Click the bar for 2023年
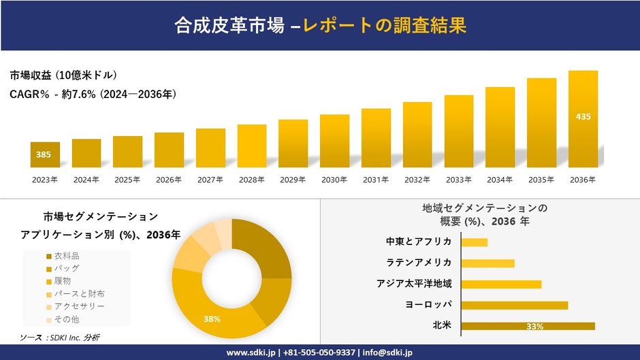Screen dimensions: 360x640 click(x=45, y=154)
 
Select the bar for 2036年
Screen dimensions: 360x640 click(x=583, y=119)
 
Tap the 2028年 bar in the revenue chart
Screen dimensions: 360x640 click(x=252, y=146)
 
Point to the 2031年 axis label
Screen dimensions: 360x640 click(x=376, y=180)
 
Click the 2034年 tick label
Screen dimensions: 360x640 click(x=500, y=180)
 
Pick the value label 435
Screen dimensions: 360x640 click(x=583, y=116)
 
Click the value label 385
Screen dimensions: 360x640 click(x=44, y=154)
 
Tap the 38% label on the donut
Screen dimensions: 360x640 click(x=211, y=318)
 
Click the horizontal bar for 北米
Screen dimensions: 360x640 click(x=528, y=326)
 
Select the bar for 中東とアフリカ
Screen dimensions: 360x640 click(x=475, y=242)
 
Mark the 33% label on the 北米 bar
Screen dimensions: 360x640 click(x=534, y=327)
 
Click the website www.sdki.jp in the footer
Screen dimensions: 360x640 click(x=251, y=353)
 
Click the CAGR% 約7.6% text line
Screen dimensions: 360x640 click(x=93, y=95)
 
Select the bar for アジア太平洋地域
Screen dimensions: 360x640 click(x=501, y=284)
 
